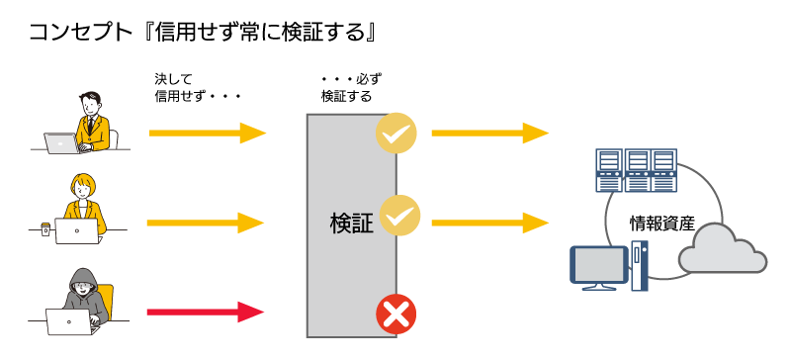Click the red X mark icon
396,315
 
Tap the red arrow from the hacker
206,312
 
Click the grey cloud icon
723,248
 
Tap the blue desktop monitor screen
598,265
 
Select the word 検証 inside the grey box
352,224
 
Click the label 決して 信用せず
197,87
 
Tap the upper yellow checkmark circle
396,133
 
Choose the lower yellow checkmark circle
399,216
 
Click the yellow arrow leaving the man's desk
208,133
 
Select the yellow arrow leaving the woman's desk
206,223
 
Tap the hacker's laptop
68,321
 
